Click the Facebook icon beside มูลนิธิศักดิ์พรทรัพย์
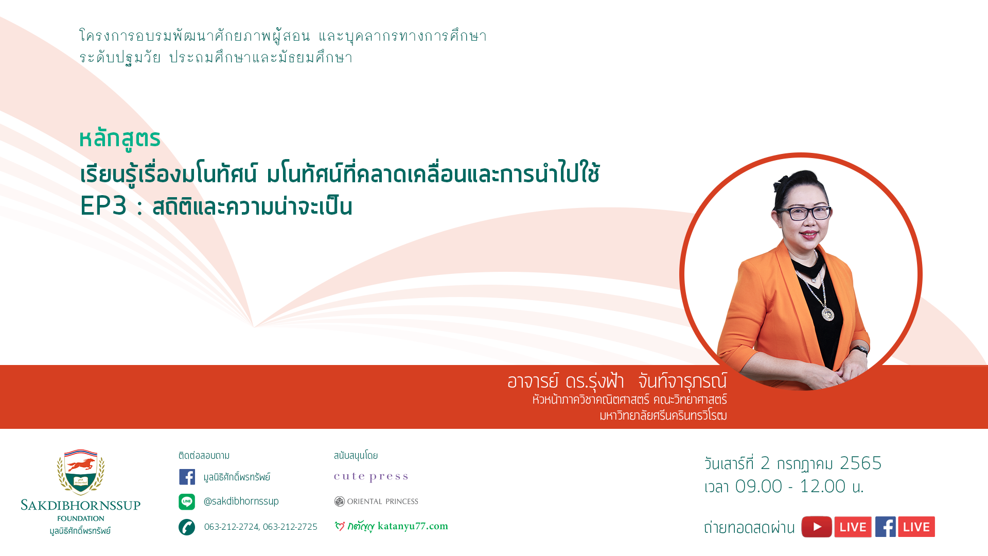click(x=187, y=477)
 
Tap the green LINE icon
click(x=187, y=501)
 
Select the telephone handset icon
click(x=187, y=527)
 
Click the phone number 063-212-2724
click(x=232, y=527)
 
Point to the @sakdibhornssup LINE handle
click(x=241, y=501)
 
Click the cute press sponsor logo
click(x=371, y=477)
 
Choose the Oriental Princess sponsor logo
click(x=376, y=501)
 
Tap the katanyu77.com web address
click(x=413, y=526)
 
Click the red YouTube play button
click(x=817, y=527)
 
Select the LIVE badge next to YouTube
click(x=853, y=527)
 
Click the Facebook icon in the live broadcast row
click(x=886, y=527)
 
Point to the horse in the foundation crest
click(x=81, y=465)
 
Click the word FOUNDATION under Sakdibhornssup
click(x=81, y=518)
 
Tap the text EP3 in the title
click(x=103, y=205)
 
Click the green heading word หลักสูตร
click(x=120, y=138)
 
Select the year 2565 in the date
click(x=860, y=463)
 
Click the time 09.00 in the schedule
click(x=758, y=486)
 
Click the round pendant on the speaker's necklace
click(x=828, y=314)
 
